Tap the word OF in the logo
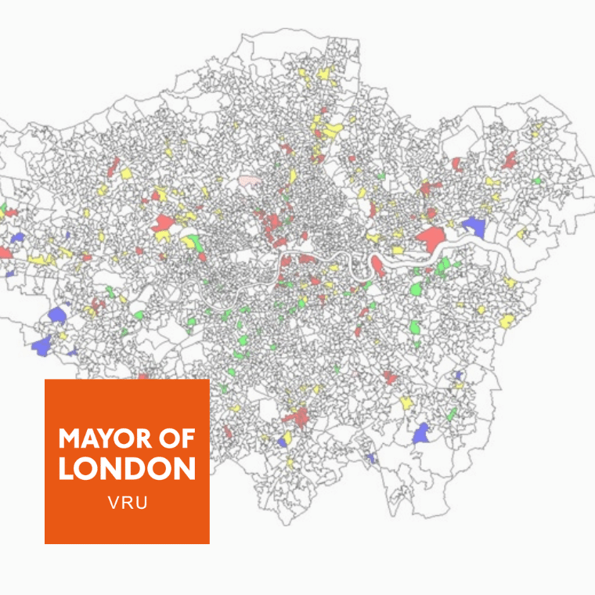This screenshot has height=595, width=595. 171,438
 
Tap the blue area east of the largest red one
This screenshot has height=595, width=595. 474,226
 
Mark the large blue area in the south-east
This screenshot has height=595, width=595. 421,434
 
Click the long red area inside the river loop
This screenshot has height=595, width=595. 378,265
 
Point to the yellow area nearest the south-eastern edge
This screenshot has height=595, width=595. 507,320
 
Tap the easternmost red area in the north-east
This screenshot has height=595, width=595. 510,160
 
